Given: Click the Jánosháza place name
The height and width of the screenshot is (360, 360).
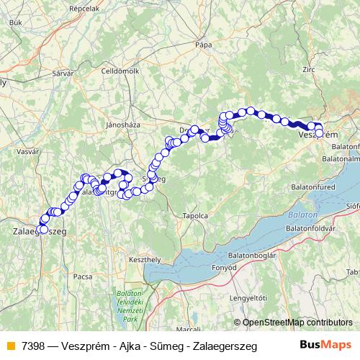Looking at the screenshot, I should coord(121,124).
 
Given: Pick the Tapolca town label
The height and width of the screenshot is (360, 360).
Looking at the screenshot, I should coord(196,215).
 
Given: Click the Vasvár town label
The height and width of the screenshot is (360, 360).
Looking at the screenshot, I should coord(27,152).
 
